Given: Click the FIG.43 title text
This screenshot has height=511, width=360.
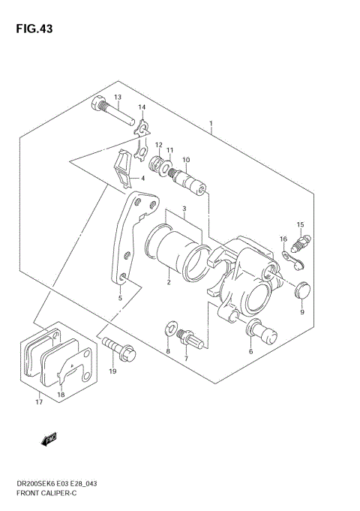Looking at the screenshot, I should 32,29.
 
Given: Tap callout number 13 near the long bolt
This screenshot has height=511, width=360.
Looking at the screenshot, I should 117,98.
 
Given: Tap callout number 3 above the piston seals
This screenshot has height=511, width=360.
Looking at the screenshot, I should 182,208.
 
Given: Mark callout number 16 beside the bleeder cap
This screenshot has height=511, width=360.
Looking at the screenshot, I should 283,239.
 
